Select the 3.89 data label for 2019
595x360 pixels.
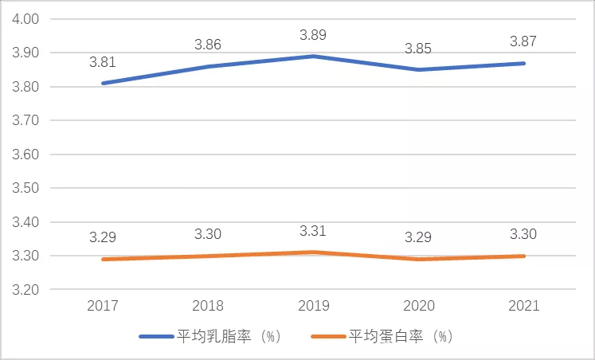(x=313, y=35)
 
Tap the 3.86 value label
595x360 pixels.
(x=209, y=45)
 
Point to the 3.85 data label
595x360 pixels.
(x=417, y=49)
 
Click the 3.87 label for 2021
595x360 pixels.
(x=523, y=41)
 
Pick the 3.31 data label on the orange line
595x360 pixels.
(x=313, y=231)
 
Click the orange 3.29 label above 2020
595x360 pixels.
(x=417, y=237)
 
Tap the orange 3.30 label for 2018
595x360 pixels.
(x=209, y=234)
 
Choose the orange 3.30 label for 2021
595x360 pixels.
(x=523, y=234)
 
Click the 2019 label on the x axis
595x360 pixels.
(x=313, y=306)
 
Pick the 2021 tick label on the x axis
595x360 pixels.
(x=523, y=306)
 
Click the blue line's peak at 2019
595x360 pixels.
(x=313, y=56)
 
